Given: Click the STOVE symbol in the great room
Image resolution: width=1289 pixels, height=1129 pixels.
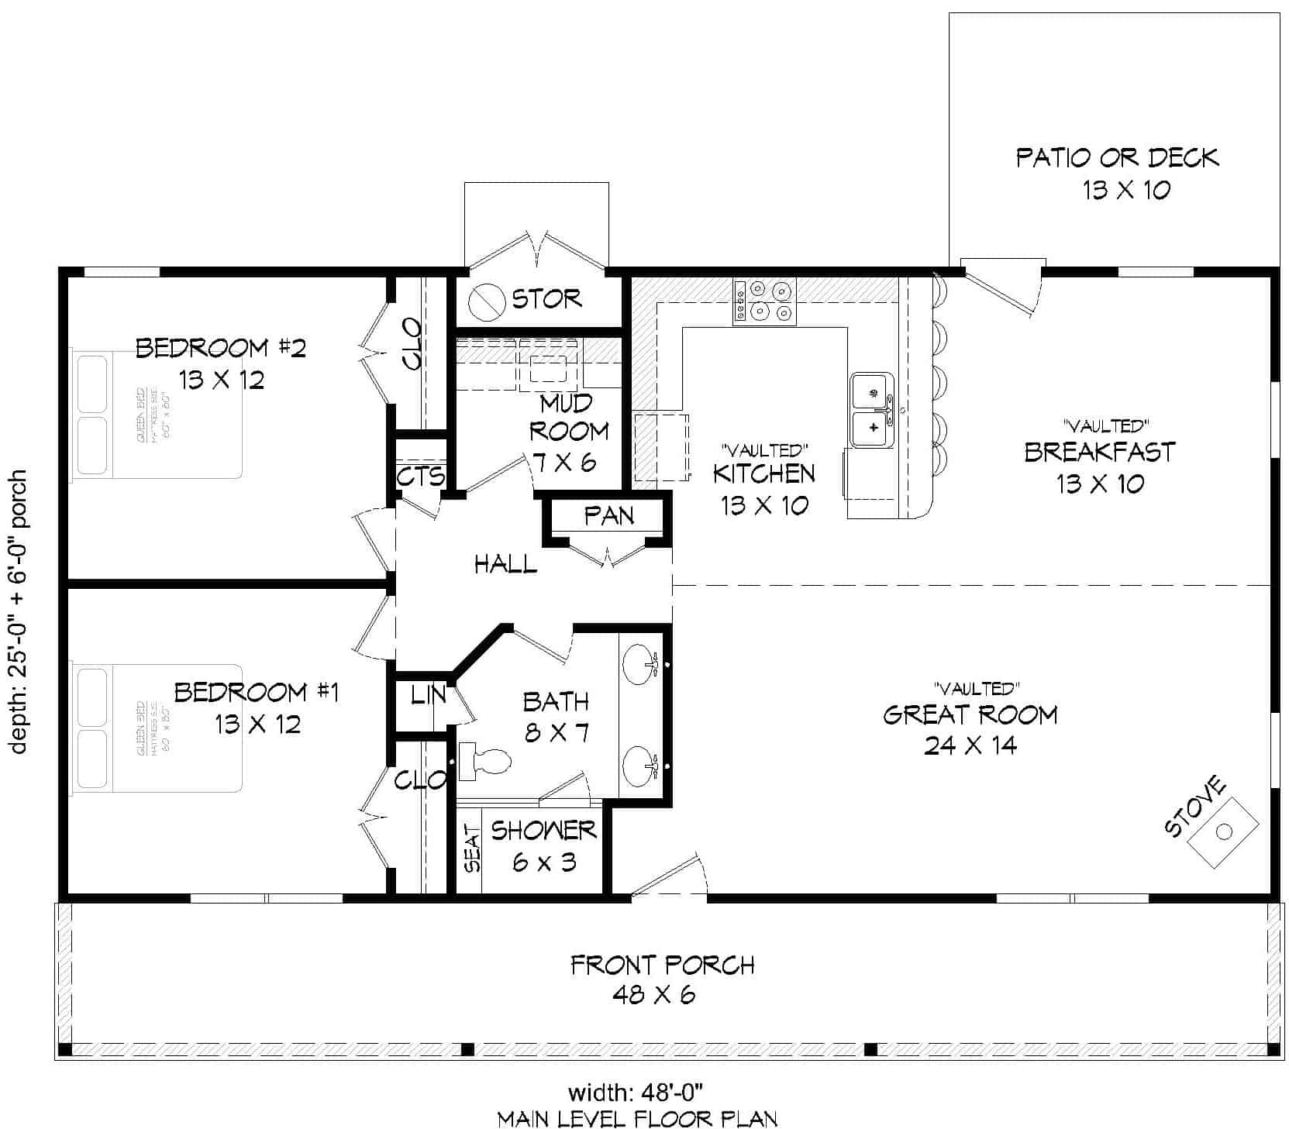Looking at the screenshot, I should click(x=1223, y=831).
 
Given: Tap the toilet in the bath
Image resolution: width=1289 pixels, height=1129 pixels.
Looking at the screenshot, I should click(x=485, y=762).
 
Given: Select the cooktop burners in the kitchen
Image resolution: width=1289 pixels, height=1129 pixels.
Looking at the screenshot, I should click(x=764, y=301).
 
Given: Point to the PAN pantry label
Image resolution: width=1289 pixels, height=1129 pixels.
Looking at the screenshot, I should click(x=608, y=516).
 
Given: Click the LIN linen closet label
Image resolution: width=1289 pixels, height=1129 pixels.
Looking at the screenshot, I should click(x=427, y=695).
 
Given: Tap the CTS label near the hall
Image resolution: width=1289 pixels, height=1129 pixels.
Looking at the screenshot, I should click(x=421, y=476).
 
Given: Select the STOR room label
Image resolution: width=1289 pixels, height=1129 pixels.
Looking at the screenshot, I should click(x=546, y=298).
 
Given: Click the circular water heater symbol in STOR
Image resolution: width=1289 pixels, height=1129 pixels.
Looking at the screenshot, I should click(x=489, y=300).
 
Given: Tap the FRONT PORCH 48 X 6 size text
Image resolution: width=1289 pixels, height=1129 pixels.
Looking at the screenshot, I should click(x=653, y=994).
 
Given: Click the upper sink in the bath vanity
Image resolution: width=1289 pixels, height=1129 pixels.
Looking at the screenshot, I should click(x=640, y=665).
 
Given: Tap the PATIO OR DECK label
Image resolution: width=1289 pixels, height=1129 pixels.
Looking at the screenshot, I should click(x=1117, y=158).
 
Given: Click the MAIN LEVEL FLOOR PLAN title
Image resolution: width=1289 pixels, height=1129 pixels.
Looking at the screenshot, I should click(x=637, y=1118).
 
